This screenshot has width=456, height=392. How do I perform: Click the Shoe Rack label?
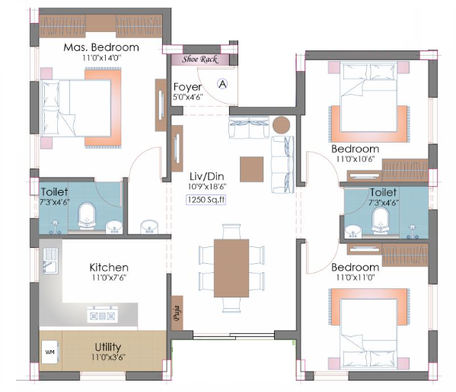[x=199, y=59]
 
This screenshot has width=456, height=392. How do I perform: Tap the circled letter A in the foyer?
[x=222, y=84]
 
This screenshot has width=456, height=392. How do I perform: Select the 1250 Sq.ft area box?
[x=206, y=200]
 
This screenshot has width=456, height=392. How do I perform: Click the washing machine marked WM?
[x=50, y=352]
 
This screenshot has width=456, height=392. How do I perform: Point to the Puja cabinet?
[x=177, y=313]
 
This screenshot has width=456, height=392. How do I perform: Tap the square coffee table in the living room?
[x=252, y=169]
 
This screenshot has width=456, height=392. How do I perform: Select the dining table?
[x=231, y=268]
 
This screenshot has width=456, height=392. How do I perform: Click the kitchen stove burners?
[x=103, y=314]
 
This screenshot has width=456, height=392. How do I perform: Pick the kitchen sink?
[x=50, y=261]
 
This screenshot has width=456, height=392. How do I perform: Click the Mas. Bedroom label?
[x=101, y=47]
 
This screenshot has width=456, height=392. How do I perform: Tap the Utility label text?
[x=108, y=347]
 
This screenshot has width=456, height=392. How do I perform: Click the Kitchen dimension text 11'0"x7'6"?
[x=109, y=278]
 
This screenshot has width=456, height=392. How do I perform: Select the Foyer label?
[x=187, y=87]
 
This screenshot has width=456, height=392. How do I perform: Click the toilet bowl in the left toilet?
[x=87, y=216]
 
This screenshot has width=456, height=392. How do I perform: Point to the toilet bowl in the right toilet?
[x=381, y=220]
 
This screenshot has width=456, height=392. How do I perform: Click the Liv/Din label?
[x=207, y=176]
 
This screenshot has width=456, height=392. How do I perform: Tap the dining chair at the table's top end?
[x=231, y=232]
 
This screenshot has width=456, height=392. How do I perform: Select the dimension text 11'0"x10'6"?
[x=356, y=159]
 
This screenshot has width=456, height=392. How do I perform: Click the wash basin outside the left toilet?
[x=149, y=227]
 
